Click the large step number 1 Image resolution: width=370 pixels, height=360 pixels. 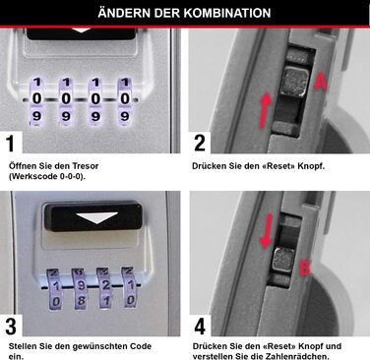14,144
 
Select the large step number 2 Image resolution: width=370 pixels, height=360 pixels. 201,144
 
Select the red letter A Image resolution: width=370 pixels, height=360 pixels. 320,85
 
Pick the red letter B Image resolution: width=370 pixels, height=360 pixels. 305,266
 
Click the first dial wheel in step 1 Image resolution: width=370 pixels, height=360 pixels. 37,98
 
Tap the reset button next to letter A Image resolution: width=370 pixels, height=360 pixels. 292,81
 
